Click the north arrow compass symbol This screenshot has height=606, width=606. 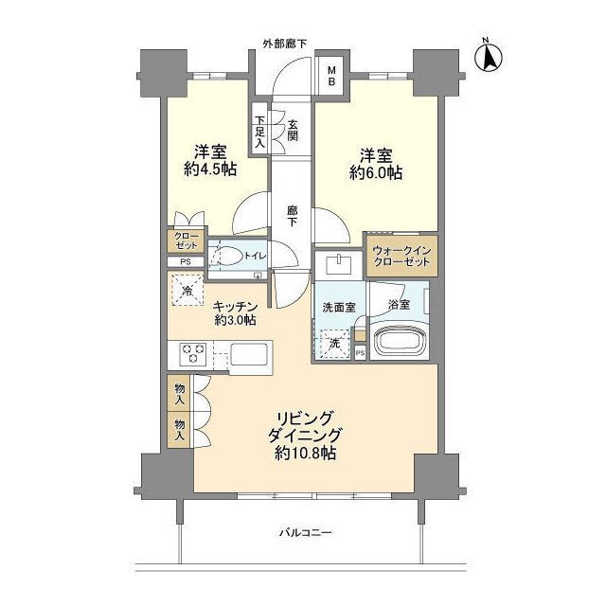(490, 55)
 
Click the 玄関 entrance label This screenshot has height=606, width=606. (293, 131)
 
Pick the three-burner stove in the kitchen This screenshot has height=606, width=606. (193, 354)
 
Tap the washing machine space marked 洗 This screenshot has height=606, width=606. (333, 343)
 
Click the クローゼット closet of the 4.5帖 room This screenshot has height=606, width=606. (184, 241)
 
